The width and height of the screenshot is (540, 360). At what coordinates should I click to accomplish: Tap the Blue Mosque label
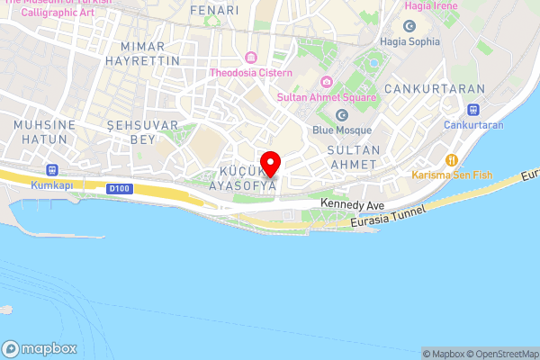341,130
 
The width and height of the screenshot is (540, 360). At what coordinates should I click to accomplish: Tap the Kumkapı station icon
52,170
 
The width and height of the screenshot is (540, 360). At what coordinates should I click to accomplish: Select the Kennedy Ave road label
352,206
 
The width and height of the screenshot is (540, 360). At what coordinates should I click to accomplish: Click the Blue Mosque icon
341,115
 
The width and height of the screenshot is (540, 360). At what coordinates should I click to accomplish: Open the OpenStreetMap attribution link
498,354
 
